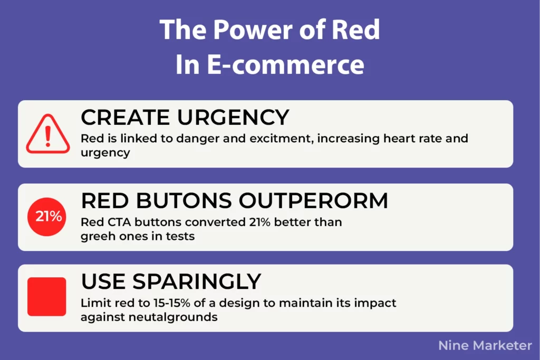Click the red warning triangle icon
(x=48, y=134)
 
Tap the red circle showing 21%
(x=48, y=217)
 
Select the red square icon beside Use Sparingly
(x=47, y=297)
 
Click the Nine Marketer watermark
(x=485, y=345)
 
